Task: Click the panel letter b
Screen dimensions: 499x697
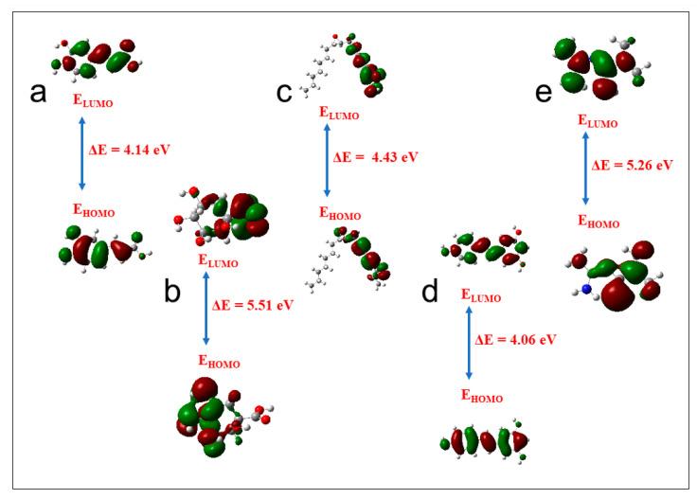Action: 172,292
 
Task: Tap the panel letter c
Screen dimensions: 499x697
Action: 285,93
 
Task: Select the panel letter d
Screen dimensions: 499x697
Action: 430,292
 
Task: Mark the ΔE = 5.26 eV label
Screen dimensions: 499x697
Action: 632,164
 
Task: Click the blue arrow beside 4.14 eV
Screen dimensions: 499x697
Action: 81,152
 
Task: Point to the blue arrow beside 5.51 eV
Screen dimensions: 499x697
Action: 206,306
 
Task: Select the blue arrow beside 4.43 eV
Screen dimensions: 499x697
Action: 326,157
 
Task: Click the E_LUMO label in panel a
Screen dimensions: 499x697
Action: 94,98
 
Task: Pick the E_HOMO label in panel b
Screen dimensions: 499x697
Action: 219,361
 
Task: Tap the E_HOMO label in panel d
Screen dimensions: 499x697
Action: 482,394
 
